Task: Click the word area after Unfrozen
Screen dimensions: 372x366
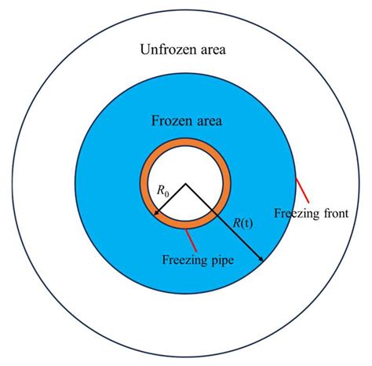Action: tap(213, 50)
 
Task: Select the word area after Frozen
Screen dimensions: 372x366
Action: tap(209, 122)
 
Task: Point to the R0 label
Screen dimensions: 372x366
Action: tap(163, 190)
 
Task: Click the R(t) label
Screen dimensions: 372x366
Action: tap(243, 223)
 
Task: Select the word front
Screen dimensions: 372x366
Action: tap(336, 214)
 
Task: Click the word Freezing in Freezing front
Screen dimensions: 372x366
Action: tap(297, 214)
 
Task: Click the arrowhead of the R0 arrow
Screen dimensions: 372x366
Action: tap(155, 214)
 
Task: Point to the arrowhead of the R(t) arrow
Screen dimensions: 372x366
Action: tap(261, 259)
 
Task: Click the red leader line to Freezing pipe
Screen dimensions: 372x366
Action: tap(191, 240)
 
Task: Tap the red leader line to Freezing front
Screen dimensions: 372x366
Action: tap(302, 190)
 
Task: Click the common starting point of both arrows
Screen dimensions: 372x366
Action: tap(186, 184)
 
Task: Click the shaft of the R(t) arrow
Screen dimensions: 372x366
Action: tap(224, 222)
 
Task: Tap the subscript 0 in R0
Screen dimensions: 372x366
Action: tap(167, 194)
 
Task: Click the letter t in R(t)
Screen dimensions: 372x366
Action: tap(246, 224)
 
